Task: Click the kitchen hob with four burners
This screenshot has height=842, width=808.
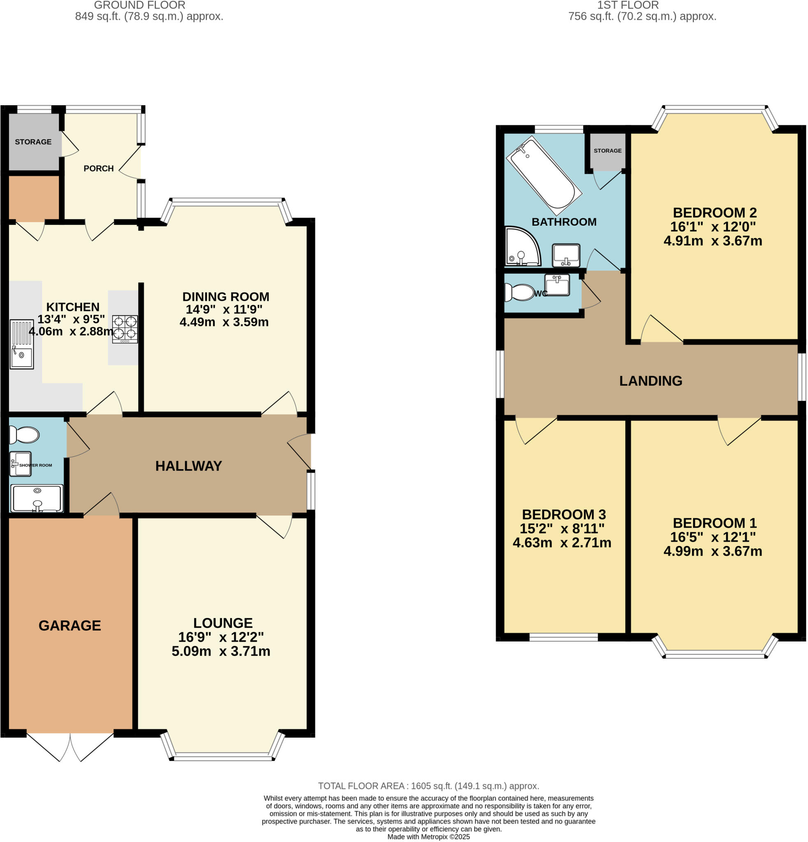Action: pos(125,328)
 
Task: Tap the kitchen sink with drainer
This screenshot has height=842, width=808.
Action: pos(21,344)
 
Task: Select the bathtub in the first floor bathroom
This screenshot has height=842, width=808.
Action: pos(544,176)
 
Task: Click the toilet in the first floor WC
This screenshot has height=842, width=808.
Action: pos(519,293)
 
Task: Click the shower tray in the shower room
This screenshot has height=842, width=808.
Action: pos(37,498)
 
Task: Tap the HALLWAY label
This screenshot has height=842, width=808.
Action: pos(189,466)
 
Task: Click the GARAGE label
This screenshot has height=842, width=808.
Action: pos(69,625)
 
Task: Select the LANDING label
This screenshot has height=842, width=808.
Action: pos(651,381)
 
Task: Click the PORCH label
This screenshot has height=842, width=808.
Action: pos(98,169)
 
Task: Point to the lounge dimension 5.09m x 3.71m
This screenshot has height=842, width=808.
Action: pos(221,651)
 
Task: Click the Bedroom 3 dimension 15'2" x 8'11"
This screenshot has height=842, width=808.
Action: pos(561,528)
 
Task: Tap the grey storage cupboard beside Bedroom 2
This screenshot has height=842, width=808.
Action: pos(607,151)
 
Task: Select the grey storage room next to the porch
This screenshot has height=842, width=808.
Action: pos(33,142)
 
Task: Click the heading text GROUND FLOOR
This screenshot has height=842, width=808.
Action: pos(140,5)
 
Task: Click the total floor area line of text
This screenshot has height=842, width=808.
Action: pos(428,786)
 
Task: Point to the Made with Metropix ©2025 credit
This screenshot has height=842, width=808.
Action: pos(428,837)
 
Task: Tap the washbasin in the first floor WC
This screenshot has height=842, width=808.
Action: pos(557,285)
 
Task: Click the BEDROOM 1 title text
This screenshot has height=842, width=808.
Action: pos(714,523)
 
